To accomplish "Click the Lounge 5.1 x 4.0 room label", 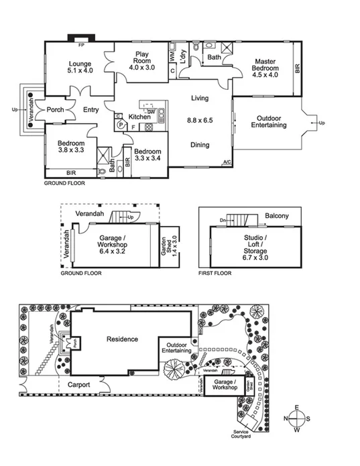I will point(79,66).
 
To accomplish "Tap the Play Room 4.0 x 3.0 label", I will point(141,60).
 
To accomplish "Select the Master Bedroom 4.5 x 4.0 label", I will point(264,68).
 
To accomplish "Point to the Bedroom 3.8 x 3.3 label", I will point(70,147).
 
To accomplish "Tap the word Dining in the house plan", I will point(200,145).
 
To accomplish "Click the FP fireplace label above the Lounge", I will point(81,44).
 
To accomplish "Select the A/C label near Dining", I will point(227,162).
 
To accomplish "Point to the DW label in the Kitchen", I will point(152,111).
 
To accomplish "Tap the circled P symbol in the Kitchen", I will point(121,125).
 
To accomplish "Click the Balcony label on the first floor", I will point(277,216).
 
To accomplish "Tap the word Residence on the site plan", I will point(122,339).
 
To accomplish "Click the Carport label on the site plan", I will point(79,385).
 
